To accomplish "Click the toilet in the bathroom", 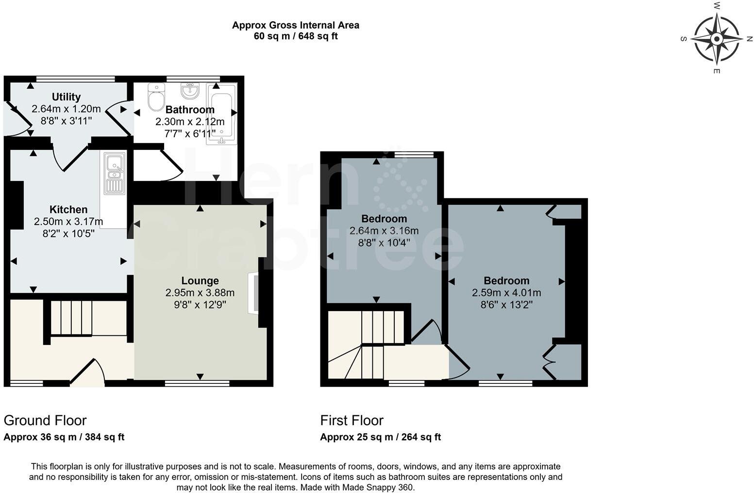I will point(156,97).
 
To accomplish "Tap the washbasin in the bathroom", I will point(190,90).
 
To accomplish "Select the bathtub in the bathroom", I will point(221,115).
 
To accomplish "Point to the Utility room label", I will point(66,97).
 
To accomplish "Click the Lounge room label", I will point(200,280).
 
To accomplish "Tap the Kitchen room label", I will point(68,210).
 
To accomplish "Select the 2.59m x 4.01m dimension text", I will point(506,293).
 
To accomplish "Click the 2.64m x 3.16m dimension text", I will point(384,230).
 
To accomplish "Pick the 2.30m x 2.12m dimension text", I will point(190,122).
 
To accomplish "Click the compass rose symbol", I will point(717,39).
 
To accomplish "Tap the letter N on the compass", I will point(750,39).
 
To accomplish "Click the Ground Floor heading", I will point(45,420).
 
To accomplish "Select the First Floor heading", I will point(352,420).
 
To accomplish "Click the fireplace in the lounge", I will point(253,294).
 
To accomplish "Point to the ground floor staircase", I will point(71,318).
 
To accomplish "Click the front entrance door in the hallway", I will point(88,374).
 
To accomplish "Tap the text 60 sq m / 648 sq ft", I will point(296,36).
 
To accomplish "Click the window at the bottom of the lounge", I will point(197,383).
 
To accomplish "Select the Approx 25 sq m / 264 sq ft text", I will point(380,437).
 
